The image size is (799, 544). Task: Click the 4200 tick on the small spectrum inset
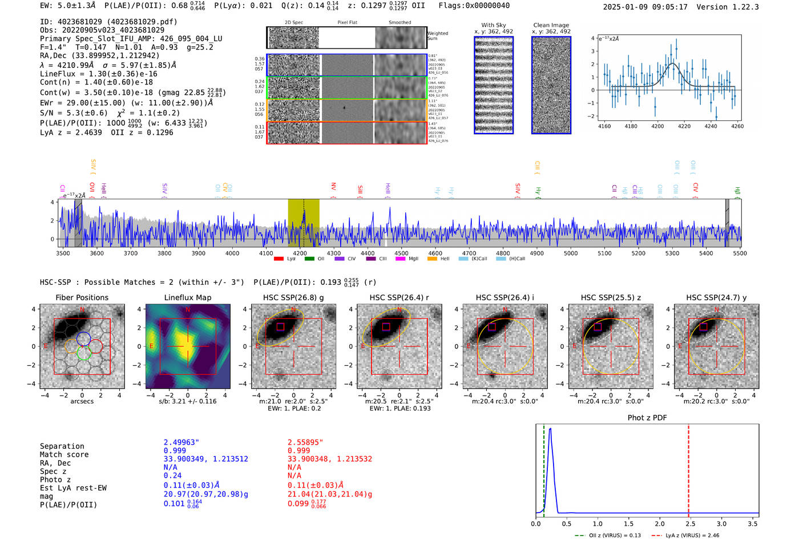(x=657, y=126)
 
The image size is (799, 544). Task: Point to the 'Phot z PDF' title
(x=647, y=418)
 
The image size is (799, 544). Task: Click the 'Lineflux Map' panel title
(x=187, y=297)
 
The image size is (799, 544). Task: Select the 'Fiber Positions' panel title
(x=82, y=297)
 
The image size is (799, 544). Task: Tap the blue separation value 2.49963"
(x=181, y=442)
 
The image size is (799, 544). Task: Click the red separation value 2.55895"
(x=305, y=442)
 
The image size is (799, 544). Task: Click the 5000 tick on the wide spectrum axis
(x=571, y=253)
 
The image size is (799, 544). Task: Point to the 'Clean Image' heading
(x=551, y=25)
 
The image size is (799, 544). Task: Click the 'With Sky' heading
(x=493, y=25)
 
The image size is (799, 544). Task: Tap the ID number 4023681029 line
(x=108, y=22)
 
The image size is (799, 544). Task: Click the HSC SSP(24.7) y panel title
(x=716, y=297)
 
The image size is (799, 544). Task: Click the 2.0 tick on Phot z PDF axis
(x=660, y=523)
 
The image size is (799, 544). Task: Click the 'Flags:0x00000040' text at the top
(x=474, y=6)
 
